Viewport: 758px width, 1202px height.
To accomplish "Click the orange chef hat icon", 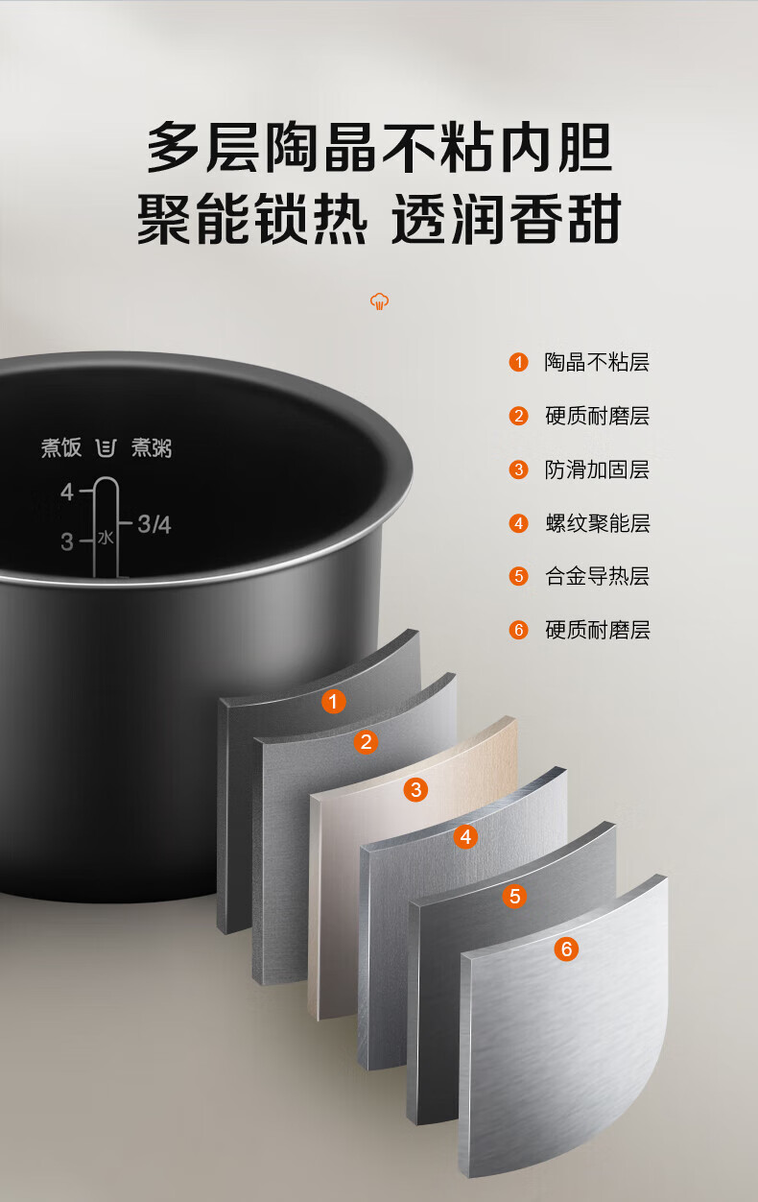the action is pos(379,301).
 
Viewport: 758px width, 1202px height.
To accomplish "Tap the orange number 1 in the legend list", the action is pos(518,362).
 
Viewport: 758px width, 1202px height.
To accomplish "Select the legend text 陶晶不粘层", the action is pos(597,362).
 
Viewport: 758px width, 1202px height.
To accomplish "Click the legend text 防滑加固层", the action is pos(597,469).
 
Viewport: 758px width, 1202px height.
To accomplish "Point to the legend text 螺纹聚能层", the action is pos(597,523).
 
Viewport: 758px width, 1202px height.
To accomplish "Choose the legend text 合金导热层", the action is pos(597,576).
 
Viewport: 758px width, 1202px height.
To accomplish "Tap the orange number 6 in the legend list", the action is pos(518,630).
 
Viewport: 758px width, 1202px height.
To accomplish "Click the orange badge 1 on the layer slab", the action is pos(333,702).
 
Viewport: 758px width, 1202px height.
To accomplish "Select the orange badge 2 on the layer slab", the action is pos(366,742).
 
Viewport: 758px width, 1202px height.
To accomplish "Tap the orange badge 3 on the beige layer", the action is pos(415,789).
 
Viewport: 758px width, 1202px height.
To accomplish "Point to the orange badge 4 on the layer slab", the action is pos(465,836).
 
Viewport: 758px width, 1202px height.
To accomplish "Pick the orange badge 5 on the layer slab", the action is pos(515,896).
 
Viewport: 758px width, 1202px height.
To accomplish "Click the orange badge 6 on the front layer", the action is pos(566,950).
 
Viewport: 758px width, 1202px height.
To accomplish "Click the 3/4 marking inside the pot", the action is pos(154,524).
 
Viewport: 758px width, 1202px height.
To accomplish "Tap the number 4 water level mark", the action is pos(67,492).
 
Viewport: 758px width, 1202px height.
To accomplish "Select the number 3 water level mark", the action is pos(67,541).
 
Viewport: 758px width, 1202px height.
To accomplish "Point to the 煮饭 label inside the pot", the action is pos(61,447).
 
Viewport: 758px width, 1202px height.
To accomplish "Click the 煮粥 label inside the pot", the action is pos(152,447).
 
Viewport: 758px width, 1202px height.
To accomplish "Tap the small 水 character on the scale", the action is pos(106,537).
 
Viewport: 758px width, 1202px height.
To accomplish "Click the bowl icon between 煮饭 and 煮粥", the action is pos(107,447).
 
